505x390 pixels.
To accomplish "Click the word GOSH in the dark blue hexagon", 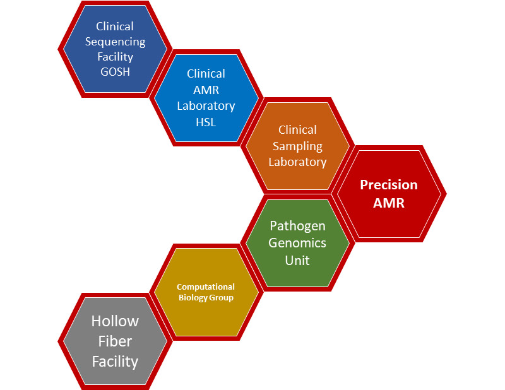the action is [x=115, y=72].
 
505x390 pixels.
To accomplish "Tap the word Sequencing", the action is [x=115, y=42].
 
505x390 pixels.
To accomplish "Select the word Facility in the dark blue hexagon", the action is [x=115, y=57].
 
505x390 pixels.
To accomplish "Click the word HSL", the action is [x=206, y=122].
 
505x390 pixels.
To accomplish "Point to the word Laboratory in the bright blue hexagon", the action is [x=206, y=106].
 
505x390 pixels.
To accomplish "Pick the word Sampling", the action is [x=297, y=146].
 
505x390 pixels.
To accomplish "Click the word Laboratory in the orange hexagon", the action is [x=297, y=162].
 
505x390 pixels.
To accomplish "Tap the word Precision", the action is [x=389, y=185].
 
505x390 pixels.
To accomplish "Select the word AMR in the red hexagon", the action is [x=389, y=203].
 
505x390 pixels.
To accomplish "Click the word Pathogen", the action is [x=297, y=226].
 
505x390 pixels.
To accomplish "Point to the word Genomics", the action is [x=297, y=242].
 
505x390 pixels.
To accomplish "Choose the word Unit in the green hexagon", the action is [x=297, y=259].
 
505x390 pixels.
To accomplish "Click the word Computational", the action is [x=206, y=287].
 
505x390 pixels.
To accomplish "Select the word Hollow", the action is [x=115, y=321].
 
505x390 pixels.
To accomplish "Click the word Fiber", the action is [x=115, y=341].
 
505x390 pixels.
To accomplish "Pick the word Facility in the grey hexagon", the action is [x=115, y=362].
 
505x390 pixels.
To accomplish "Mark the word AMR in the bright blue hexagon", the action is [x=206, y=90].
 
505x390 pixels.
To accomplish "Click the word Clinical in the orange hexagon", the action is [x=297, y=130].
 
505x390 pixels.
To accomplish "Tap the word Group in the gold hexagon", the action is [x=221, y=297].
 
